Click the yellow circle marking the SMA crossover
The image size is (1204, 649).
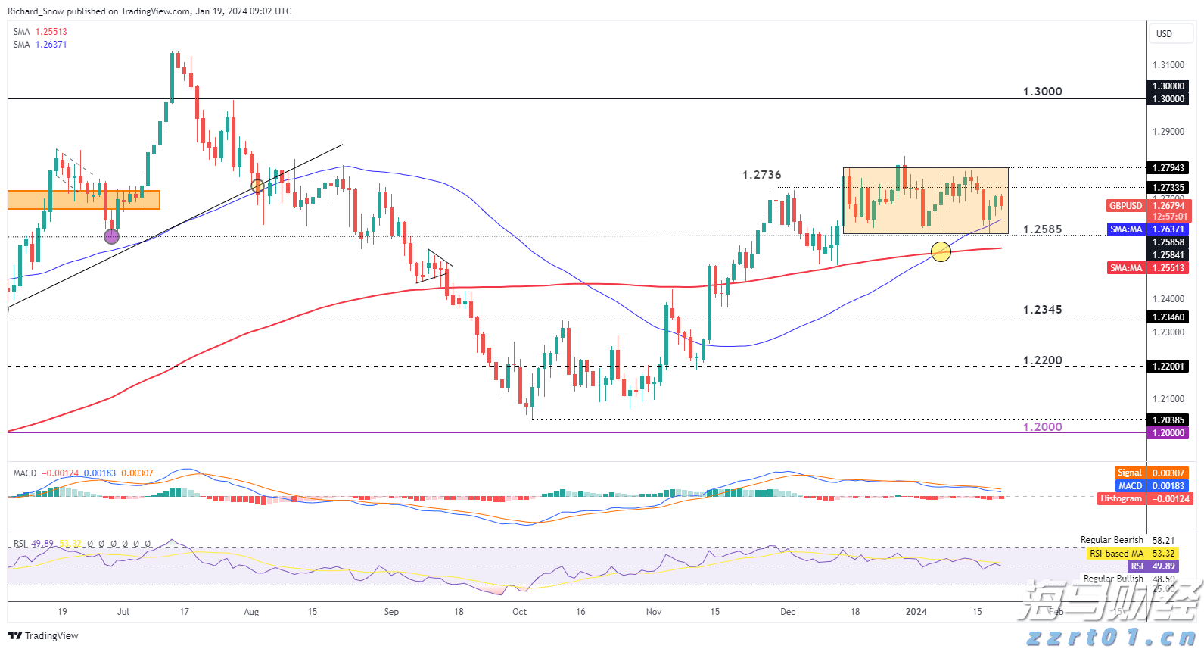tap(941, 251)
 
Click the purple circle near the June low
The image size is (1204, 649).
tap(111, 236)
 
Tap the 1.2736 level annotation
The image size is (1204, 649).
tap(761, 175)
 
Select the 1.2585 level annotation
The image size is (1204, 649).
tap(1042, 229)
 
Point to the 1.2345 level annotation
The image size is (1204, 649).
tap(1042, 310)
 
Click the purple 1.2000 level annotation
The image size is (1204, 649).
tap(1042, 427)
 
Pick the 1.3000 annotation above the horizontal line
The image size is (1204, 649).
tap(1042, 92)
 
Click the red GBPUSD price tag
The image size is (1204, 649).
tap(1125, 206)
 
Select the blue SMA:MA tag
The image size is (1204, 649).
tap(1125, 229)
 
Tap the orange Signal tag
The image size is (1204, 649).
tap(1129, 473)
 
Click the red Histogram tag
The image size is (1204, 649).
tap(1121, 499)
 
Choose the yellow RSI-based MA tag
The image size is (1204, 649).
tap(1116, 554)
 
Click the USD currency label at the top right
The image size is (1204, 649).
tap(1164, 34)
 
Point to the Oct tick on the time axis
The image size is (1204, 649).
tap(519, 612)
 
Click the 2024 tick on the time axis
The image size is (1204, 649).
tap(916, 612)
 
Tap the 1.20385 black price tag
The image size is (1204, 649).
tap(1168, 420)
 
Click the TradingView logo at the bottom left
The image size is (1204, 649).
tap(43, 635)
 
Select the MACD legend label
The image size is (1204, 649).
tap(25, 473)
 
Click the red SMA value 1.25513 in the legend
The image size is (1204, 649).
tap(51, 32)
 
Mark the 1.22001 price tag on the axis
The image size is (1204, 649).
tap(1168, 367)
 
